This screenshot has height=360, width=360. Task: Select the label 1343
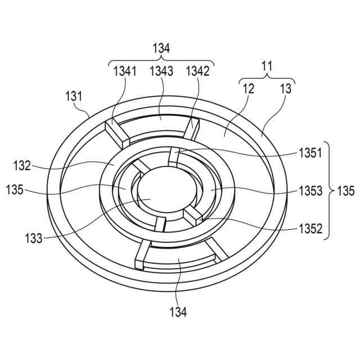click(x=161, y=71)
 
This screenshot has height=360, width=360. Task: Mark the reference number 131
click(x=75, y=96)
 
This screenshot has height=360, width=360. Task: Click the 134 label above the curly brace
click(x=161, y=49)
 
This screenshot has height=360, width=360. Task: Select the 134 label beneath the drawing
click(x=179, y=310)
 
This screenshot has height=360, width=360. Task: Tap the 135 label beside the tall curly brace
click(x=345, y=191)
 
